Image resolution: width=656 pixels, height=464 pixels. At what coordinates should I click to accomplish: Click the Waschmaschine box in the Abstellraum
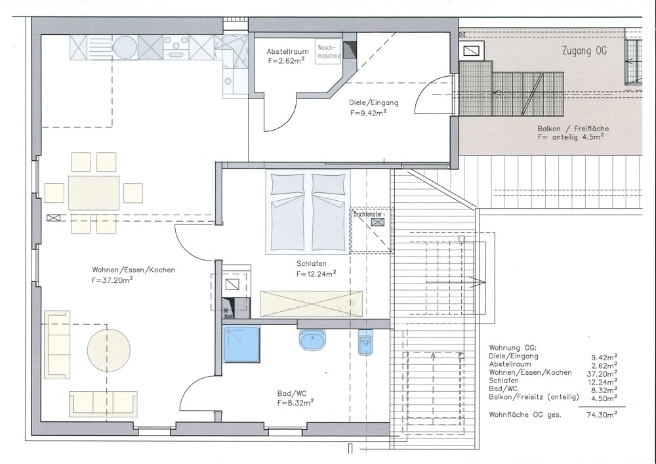[x=328, y=53]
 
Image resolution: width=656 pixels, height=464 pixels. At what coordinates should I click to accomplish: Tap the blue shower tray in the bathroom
[x=241, y=345]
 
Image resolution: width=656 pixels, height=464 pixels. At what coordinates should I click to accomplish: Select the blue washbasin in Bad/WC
[x=312, y=339]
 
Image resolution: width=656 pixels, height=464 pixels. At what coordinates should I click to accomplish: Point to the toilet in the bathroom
[x=365, y=342]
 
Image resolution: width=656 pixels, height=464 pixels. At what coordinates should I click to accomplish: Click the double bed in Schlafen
[x=308, y=212]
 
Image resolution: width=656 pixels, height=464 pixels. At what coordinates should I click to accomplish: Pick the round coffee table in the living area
[x=109, y=350]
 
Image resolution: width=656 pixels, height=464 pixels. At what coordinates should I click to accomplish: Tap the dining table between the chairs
[x=94, y=193]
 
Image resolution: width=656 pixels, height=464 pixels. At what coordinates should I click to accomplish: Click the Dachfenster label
[x=368, y=214]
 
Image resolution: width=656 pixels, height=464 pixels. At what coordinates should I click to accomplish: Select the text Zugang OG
[x=584, y=51]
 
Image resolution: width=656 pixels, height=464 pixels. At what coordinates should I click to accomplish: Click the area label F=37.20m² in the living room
[x=113, y=280]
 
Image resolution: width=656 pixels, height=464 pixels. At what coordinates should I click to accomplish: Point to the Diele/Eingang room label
[x=374, y=102]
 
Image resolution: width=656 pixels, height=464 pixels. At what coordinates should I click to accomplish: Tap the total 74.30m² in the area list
[x=604, y=415]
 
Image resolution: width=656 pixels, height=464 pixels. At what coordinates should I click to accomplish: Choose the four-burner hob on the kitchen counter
[x=176, y=47]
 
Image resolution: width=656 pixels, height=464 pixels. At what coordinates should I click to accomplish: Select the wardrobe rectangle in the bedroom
[x=311, y=304]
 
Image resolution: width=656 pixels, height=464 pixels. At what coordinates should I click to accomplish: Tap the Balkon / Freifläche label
[x=573, y=129]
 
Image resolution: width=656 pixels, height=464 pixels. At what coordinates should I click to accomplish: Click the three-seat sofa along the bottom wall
[x=103, y=404]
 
